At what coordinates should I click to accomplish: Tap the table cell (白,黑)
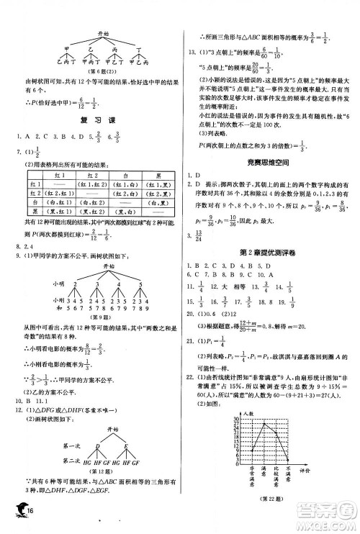[x=164, y=204]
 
